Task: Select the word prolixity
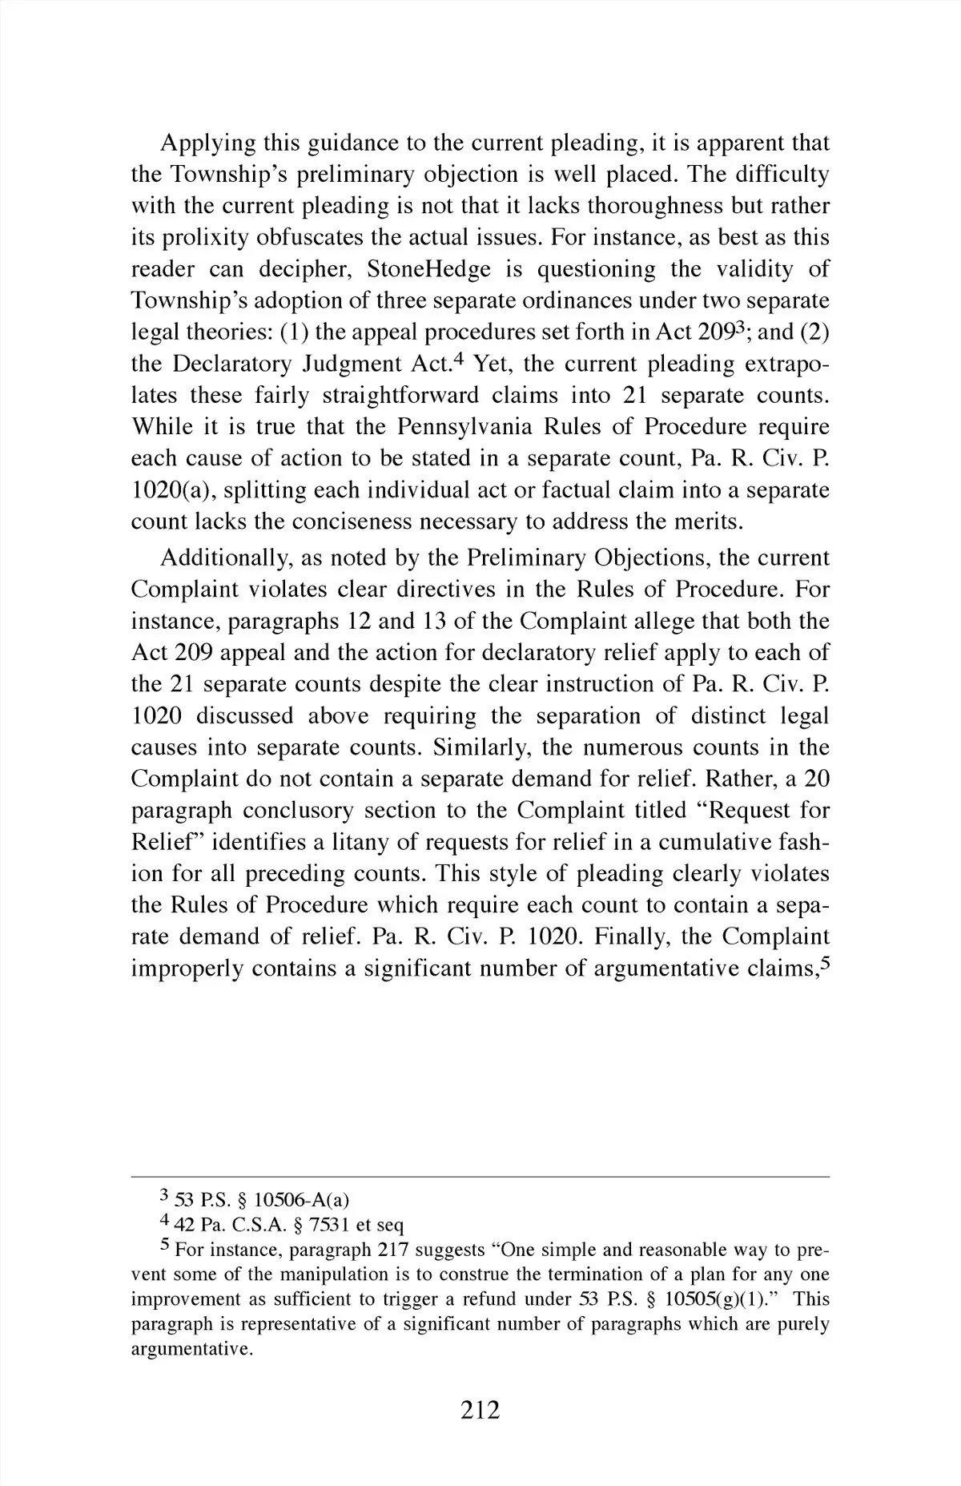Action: tap(180, 238)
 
